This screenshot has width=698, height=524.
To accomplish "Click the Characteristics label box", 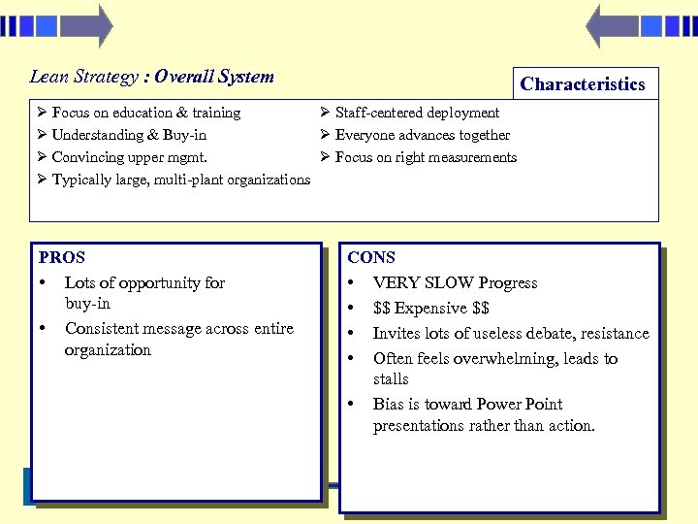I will click(583, 84).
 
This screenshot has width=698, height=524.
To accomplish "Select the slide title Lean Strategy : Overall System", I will click(152, 77).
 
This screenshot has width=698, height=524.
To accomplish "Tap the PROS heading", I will click(62, 257).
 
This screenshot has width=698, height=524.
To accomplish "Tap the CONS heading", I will click(371, 257).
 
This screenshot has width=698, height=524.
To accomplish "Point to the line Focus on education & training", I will click(145, 113).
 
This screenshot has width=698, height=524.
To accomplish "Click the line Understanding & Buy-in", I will click(128, 135).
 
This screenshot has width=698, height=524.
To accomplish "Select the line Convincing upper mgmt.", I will click(129, 157).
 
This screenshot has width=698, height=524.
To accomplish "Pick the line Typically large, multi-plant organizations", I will click(180, 180).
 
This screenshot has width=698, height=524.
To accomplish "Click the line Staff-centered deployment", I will click(417, 113).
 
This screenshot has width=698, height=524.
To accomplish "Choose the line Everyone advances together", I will click(422, 135).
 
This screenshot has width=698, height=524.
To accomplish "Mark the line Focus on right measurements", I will click(426, 157).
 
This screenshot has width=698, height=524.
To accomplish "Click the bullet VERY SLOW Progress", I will click(455, 283).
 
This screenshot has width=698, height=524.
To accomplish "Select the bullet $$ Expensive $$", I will click(431, 309).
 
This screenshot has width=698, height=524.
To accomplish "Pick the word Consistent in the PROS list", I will click(101, 329).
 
